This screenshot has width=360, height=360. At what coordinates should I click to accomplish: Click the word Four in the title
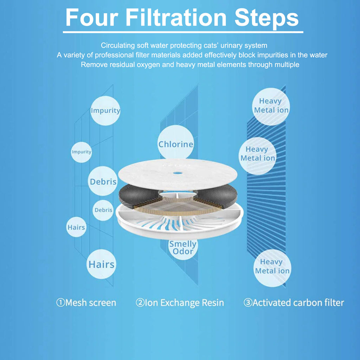[x=92, y=18]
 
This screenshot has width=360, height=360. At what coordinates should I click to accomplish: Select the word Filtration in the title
[x=176, y=18]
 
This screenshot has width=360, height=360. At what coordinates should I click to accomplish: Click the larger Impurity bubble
[x=105, y=111]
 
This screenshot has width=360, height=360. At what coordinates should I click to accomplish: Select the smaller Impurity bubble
[x=81, y=152]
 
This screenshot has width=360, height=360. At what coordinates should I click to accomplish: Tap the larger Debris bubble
[x=103, y=181]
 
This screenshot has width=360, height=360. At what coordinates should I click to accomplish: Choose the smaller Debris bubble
[x=103, y=210]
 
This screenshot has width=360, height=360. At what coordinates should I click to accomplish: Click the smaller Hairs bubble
[x=76, y=227]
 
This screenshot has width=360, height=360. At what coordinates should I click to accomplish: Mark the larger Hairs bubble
[x=101, y=264]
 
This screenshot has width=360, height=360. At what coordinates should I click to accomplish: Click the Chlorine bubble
[x=176, y=143]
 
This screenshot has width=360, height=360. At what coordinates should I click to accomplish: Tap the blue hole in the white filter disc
[x=178, y=173]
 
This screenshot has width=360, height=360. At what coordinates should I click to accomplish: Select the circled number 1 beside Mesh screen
[x=60, y=302]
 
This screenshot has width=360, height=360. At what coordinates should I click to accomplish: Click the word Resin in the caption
[x=213, y=303]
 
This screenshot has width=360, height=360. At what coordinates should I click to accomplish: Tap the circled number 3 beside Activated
[x=248, y=302]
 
